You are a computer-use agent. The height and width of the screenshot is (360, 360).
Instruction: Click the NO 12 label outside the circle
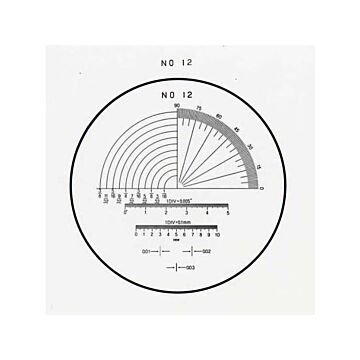tap(177, 62)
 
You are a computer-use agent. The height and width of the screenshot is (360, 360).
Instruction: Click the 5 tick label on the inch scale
tap(229, 214)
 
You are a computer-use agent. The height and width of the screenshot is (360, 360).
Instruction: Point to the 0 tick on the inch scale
tap(124, 214)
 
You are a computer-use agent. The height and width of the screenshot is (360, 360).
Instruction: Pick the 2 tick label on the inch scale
tap(166, 214)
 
